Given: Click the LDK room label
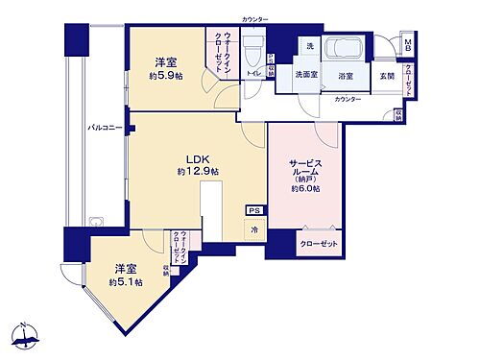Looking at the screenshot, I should coord(197,159).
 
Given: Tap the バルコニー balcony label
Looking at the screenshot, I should coord(105,127).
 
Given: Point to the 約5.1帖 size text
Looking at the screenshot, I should coord(125,282).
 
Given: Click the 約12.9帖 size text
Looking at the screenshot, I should coord(198,172).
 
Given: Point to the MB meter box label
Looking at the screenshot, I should coord(408,46).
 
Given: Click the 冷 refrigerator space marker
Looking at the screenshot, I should coord(254,230).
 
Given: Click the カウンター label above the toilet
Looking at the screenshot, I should coord(254,19).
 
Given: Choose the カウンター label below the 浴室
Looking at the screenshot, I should coord(348,99).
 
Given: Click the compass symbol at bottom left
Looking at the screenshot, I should coord(27,336).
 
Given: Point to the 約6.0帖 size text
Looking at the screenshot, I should coord(304,188).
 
